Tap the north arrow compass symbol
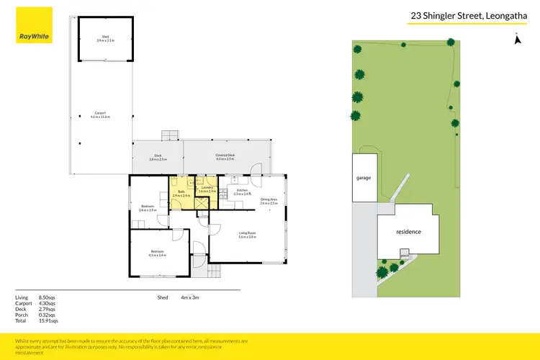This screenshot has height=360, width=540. click(516, 39)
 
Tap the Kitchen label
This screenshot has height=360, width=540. click(241, 192)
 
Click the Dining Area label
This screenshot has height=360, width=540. click(269, 202)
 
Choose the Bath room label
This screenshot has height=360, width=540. click(181, 194)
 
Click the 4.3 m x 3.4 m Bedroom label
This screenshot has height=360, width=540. click(157, 253)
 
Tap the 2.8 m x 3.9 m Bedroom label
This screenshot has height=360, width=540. click(147, 207)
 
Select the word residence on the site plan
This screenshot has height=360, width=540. click(408, 232)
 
